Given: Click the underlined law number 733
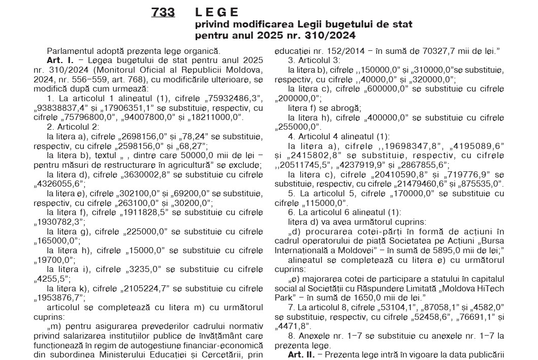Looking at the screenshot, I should (163, 13).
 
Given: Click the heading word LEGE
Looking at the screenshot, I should (216, 12).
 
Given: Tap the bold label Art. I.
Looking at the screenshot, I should (58, 60).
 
